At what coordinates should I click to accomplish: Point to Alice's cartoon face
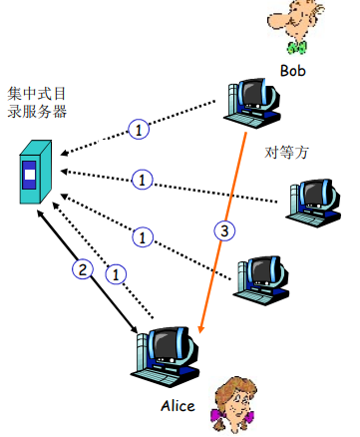(232, 398)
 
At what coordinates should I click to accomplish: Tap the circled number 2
(83, 267)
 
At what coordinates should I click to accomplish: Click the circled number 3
(225, 232)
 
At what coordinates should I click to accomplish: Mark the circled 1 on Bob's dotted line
(140, 129)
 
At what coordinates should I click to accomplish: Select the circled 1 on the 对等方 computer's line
(143, 181)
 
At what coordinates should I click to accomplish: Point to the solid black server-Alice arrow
(90, 276)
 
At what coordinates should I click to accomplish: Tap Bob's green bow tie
(295, 47)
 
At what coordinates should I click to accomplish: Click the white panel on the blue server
(31, 177)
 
